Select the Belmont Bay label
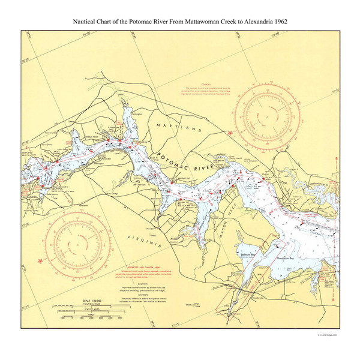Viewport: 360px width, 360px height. pyautogui.click(x=247, y=254)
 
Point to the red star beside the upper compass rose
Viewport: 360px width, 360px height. pyautogui.click(x=229, y=133)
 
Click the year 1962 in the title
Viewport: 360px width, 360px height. pyautogui.click(x=278, y=21)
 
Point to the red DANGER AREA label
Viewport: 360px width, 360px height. pyautogui.click(x=311, y=213)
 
